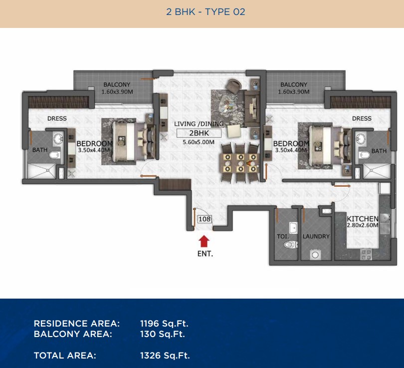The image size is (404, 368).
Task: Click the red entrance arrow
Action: click(x=204, y=242)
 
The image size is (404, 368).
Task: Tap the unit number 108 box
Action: click(x=204, y=219)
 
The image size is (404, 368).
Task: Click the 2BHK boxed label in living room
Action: click(x=199, y=133)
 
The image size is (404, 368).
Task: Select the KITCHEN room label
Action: click(x=363, y=219)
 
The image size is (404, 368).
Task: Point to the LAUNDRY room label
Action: click(x=316, y=236)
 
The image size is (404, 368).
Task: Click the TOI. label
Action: click(x=283, y=236)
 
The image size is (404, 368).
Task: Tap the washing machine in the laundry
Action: click(x=315, y=255)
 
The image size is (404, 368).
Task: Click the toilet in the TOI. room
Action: click(x=291, y=245)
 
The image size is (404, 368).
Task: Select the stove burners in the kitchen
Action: click(x=366, y=254)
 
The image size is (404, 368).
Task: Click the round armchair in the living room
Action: click(x=234, y=86)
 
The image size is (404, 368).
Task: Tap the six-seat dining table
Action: click(x=240, y=163)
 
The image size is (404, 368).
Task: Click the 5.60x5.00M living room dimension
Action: click(x=199, y=142)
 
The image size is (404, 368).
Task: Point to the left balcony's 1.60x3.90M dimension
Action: click(x=117, y=91)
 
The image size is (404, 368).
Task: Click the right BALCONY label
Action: click(x=294, y=84)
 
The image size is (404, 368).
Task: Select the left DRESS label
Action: click(x=57, y=118)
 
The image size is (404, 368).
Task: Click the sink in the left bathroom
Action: click(x=58, y=139)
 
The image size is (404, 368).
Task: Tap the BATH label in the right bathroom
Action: click(x=379, y=151)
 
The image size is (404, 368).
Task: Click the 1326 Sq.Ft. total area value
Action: click(x=165, y=356)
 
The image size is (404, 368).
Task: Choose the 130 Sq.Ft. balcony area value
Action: click(x=163, y=334)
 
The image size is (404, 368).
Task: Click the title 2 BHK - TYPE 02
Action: click(x=205, y=12)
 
